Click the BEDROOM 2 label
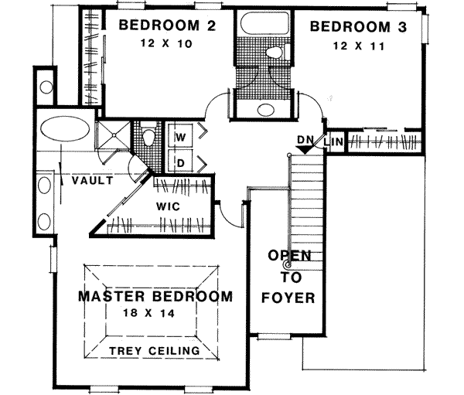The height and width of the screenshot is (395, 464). click(165, 26)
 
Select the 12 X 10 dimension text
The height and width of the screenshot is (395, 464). click(165, 43)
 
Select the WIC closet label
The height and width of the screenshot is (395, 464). click(168, 207)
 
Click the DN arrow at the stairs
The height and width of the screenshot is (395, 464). click(307, 143)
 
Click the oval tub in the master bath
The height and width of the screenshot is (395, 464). click(63, 128)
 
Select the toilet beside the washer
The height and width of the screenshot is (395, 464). click(149, 137)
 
